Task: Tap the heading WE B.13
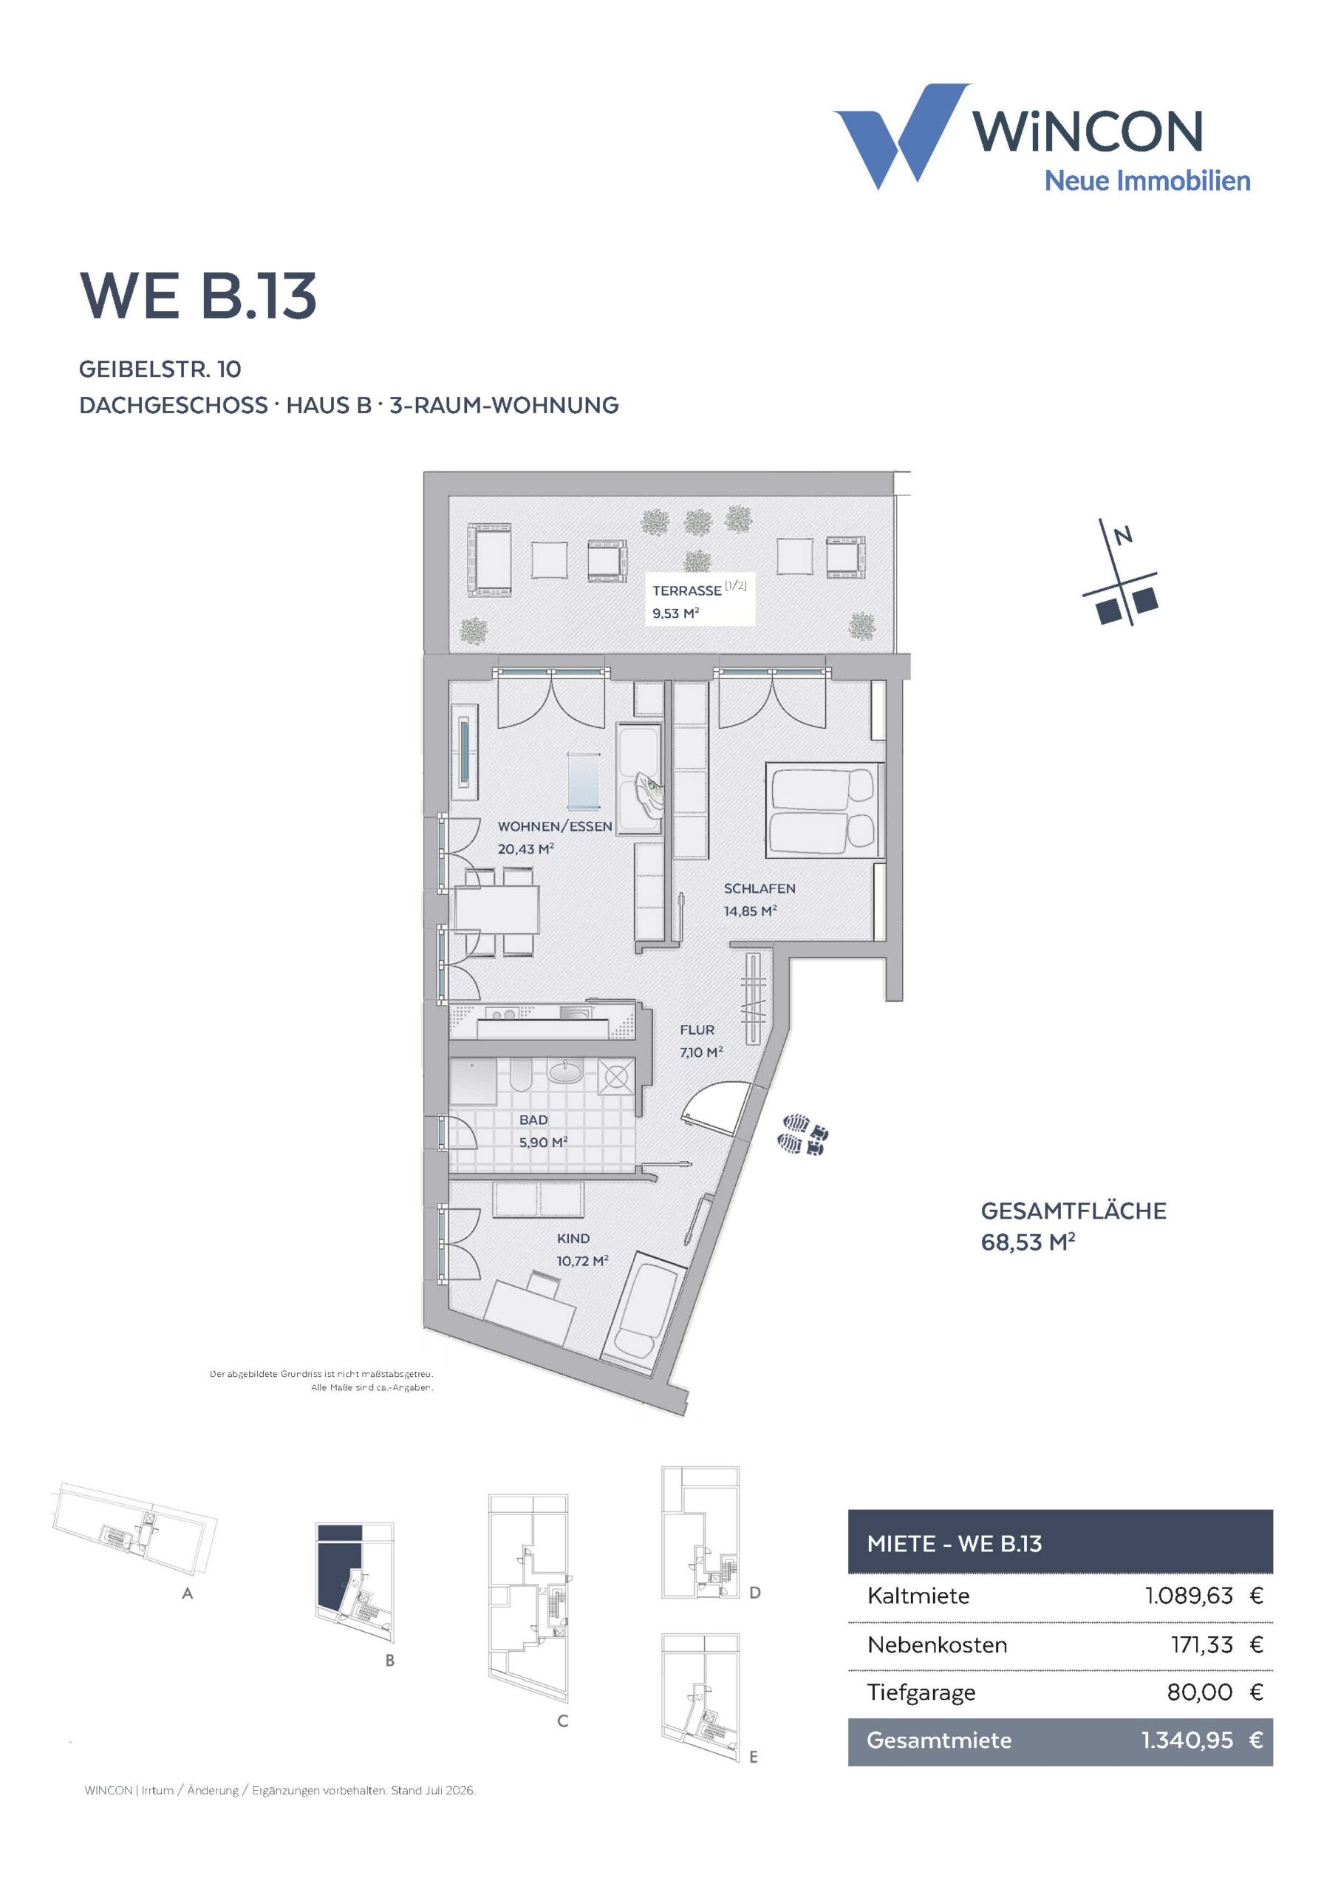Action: click(x=199, y=296)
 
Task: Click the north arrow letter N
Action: click(x=1122, y=537)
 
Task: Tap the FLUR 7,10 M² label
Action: click(x=701, y=1041)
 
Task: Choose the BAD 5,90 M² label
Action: click(x=543, y=1131)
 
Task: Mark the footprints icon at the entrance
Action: click(x=802, y=1134)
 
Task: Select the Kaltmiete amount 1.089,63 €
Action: click(x=1204, y=1596)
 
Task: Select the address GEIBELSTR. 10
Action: click(x=160, y=370)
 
